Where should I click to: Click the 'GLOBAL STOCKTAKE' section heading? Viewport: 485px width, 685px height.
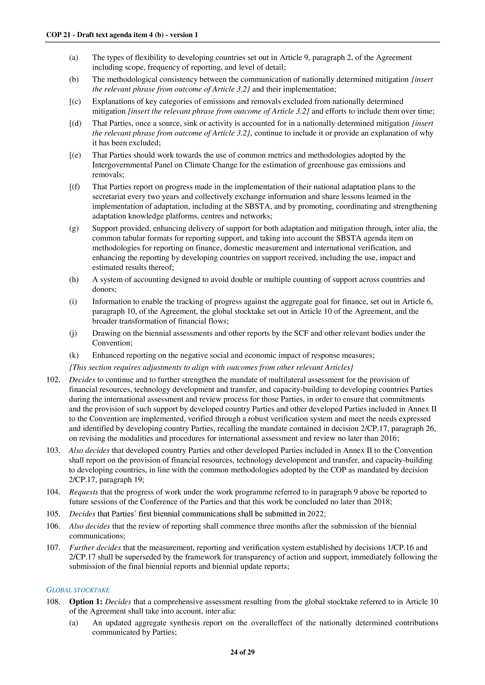(78, 590)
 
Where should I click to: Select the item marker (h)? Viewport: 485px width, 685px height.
(74, 280)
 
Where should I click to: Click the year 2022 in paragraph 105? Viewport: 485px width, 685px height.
(315, 514)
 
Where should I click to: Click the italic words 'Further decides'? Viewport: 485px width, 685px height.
(95, 548)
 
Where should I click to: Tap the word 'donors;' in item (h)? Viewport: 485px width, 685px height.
(104, 289)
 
